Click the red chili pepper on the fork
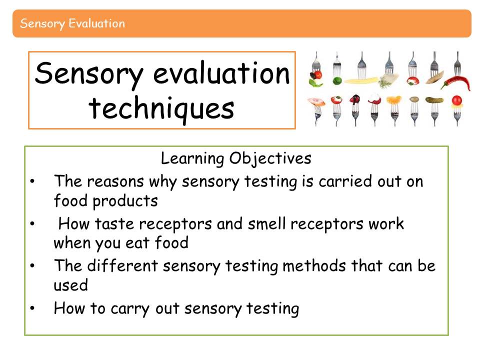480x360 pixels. pos(456,82)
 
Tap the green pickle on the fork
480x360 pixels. pos(434,100)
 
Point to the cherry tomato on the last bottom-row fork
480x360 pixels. pos(456,100)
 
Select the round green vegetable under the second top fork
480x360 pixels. pos(337,81)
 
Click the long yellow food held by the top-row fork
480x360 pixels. pos(361,81)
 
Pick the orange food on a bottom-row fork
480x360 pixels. pos(393,100)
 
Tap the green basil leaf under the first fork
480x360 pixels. pos(315,82)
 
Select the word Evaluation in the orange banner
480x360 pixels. pos(96,23)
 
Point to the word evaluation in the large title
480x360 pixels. pos(221,73)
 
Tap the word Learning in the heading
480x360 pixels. pos(192,158)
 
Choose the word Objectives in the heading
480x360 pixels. pos(270,158)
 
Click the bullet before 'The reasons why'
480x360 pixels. pos(32,181)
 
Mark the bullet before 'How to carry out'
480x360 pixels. pos(32,308)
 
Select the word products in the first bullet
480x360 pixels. pos(125,201)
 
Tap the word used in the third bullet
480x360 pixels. pos(70,285)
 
